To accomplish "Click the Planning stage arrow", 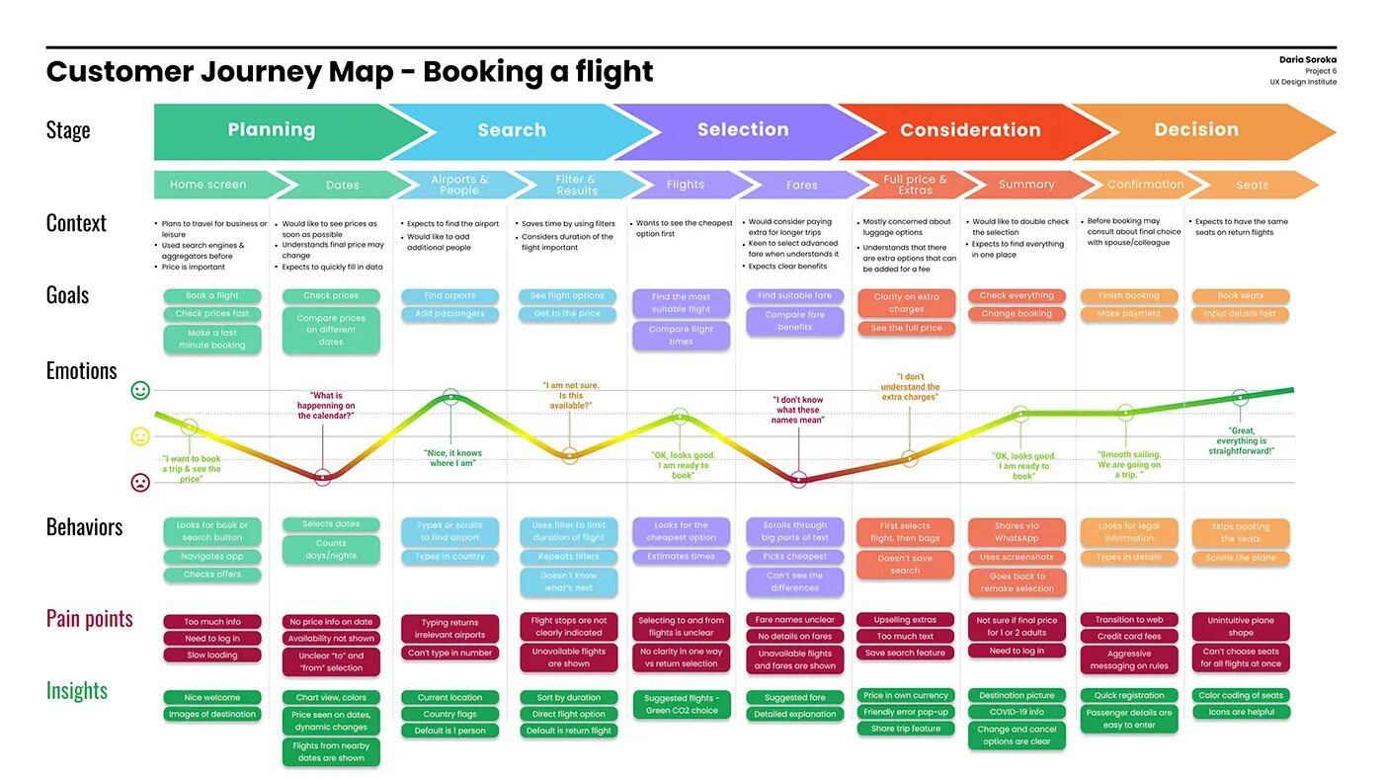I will click(272, 130).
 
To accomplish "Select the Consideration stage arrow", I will click(970, 130).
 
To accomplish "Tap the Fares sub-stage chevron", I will click(801, 185).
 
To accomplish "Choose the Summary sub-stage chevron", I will click(1026, 185).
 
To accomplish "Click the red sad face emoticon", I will click(140, 483).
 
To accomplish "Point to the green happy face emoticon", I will click(140, 391).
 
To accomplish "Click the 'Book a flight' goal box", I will click(212, 296).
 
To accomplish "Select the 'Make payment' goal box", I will click(1129, 314).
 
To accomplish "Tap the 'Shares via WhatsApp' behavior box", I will click(1017, 532).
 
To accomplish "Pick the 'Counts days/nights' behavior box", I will click(331, 550).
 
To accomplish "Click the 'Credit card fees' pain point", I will click(1129, 637).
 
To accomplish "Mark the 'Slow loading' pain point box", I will click(212, 656).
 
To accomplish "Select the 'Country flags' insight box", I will click(449, 714).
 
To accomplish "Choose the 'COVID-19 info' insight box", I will click(1017, 712).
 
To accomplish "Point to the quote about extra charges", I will click(910, 387).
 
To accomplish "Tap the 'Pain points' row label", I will click(89, 619).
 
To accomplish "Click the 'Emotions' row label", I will click(81, 371).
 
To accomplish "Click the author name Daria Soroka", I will click(1307, 60).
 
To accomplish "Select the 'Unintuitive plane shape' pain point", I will click(1241, 627).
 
